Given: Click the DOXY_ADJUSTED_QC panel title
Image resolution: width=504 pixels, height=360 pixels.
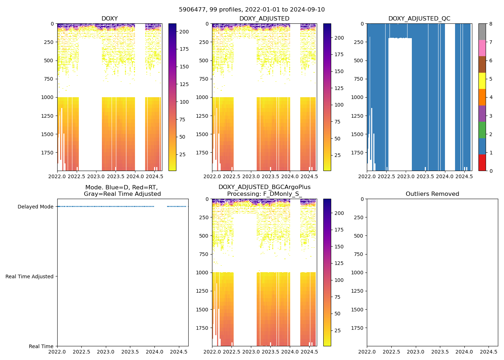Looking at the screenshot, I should click(419, 19).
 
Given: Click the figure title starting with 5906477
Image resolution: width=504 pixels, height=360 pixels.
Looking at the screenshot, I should click(252, 10).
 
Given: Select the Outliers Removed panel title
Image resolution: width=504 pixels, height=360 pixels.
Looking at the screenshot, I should click(432, 194).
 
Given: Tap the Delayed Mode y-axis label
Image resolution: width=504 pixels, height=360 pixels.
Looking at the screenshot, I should click(35, 207).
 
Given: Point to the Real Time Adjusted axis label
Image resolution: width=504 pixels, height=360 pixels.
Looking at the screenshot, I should click(30, 276).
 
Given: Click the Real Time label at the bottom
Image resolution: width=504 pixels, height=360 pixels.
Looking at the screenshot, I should click(41, 346).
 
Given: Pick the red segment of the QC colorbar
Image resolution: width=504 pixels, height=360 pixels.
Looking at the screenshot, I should click(482, 162).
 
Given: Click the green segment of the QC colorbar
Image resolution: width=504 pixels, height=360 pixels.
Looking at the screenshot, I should click(482, 130).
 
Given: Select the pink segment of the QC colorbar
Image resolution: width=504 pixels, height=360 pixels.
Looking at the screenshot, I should click(482, 48).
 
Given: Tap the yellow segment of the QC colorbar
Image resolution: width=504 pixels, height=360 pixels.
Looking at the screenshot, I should click(482, 81).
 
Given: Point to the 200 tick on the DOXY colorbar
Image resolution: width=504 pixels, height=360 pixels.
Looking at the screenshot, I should click(184, 32).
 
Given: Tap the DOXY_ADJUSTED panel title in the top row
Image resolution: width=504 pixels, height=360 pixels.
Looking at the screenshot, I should click(264, 19).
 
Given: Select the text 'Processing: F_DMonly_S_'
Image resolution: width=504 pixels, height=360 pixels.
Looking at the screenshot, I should click(264, 194).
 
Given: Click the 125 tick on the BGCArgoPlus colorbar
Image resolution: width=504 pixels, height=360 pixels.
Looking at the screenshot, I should click(339, 263).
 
